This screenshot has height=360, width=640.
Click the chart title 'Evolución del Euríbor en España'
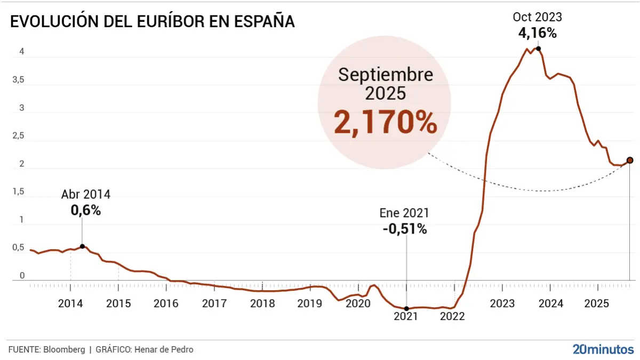[152, 22]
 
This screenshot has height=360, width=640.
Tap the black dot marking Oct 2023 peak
[539, 49]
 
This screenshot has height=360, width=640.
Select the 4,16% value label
[538, 33]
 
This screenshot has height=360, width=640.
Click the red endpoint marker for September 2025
[630, 160]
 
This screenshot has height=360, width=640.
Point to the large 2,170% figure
[385, 123]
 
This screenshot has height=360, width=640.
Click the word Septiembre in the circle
[385, 75]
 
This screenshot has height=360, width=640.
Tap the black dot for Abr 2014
[82, 246]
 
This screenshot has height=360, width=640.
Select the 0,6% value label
[86, 211]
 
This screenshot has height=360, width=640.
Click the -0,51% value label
[404, 229]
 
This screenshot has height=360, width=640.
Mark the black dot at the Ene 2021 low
[406, 308]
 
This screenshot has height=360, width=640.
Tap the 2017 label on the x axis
[214, 304]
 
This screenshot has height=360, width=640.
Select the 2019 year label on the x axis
[310, 304]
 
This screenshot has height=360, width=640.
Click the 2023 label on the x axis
[502, 304]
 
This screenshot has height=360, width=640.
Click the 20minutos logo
[603, 349]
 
